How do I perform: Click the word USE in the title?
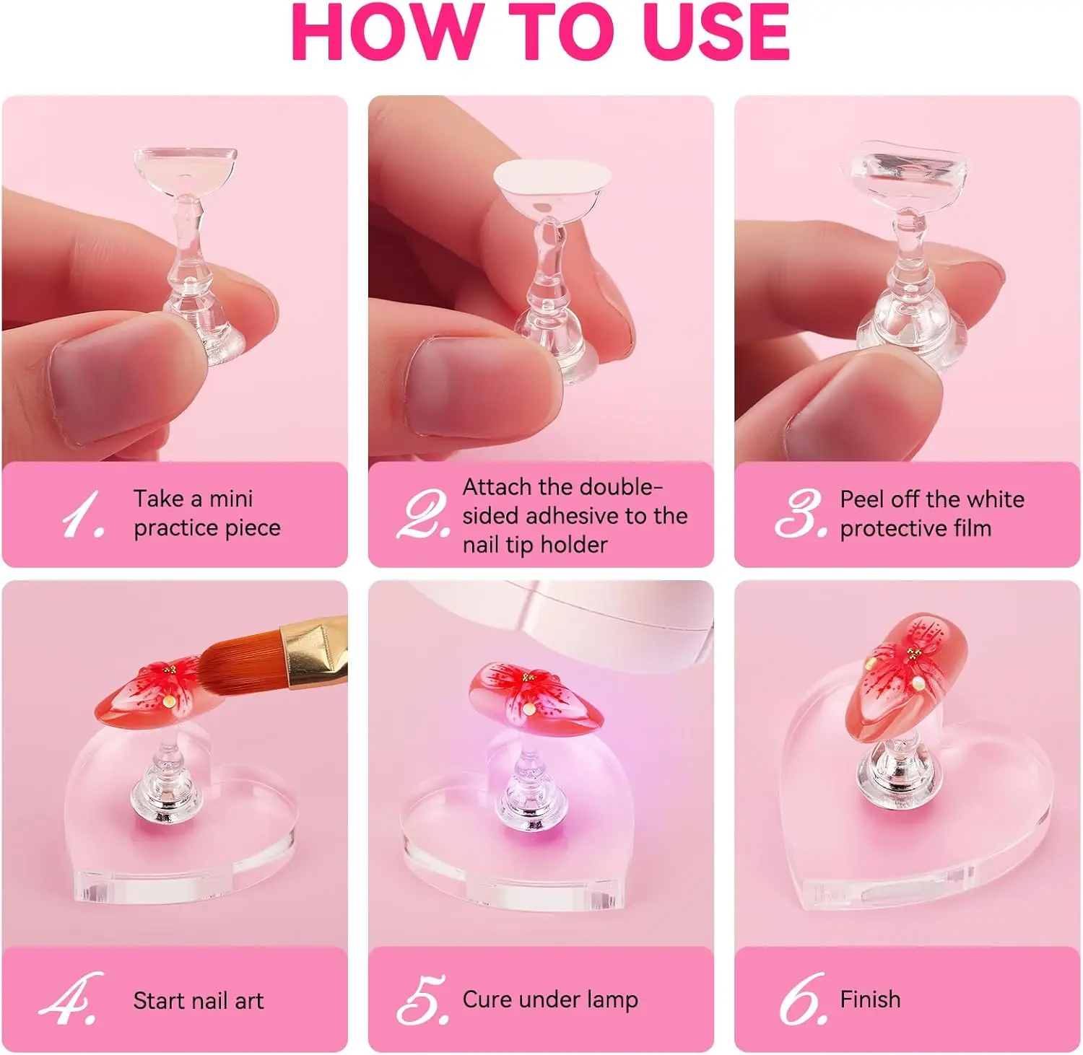[716, 32]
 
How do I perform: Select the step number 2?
[424, 514]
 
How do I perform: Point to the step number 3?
[801, 514]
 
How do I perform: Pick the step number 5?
[423, 999]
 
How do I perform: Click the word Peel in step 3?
[862, 499]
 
